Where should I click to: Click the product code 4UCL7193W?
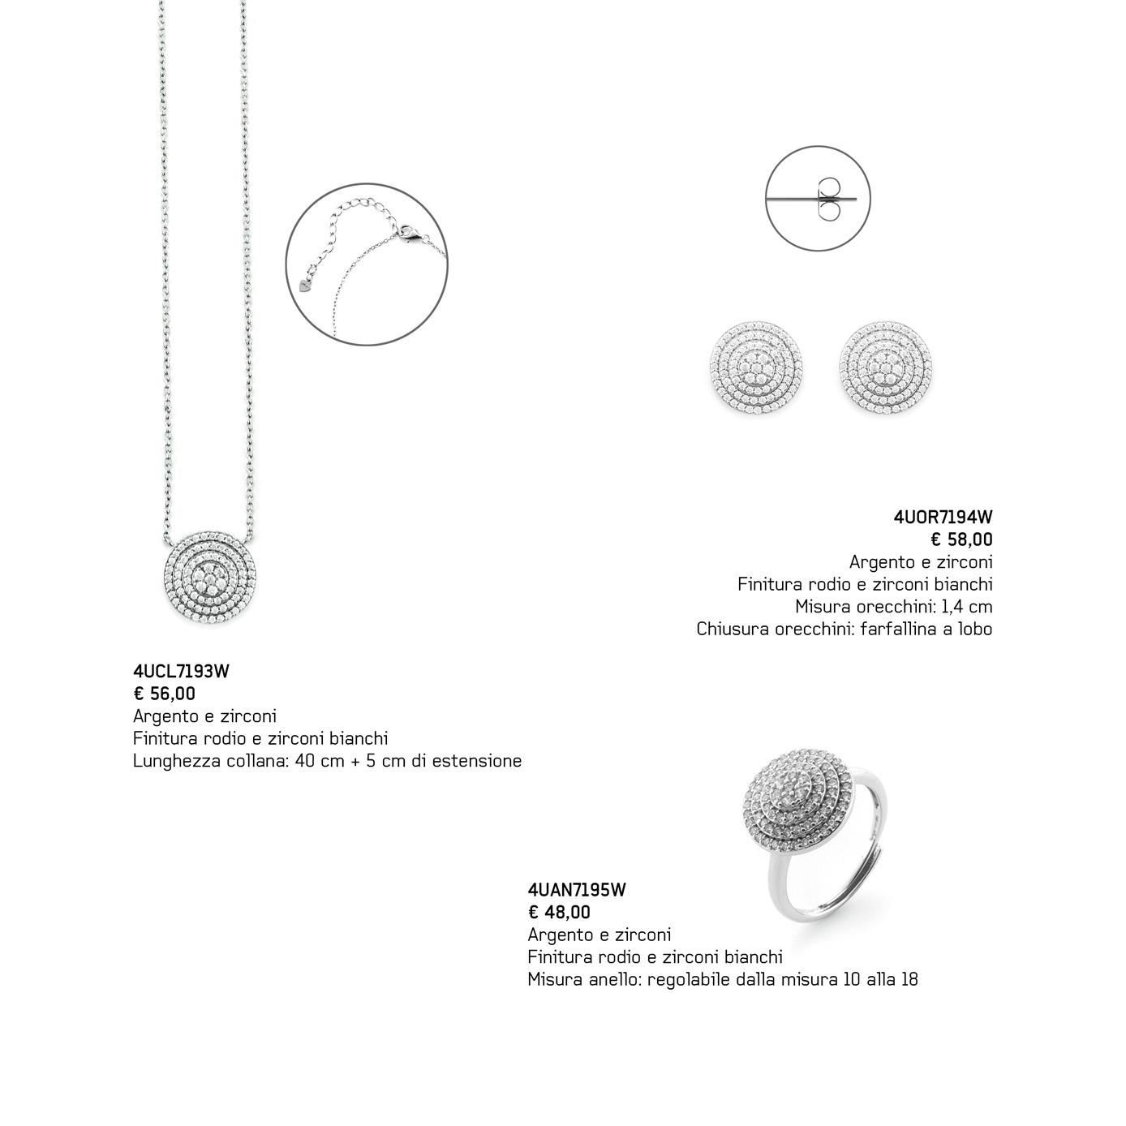[181, 672]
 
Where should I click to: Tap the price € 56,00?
[165, 694]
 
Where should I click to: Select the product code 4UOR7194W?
[943, 517]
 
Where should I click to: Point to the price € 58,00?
[961, 539]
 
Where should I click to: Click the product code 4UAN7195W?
[577, 890]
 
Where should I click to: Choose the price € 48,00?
[559, 913]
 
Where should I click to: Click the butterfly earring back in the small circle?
[829, 199]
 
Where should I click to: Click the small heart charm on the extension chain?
[304, 286]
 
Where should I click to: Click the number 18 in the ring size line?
[909, 979]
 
